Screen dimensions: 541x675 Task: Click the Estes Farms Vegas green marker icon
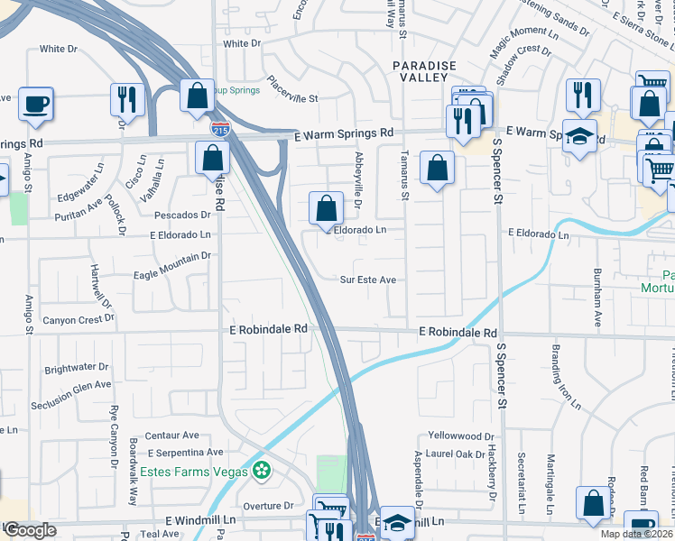pos(262,471)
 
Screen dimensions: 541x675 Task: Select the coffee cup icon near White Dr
pos(36,104)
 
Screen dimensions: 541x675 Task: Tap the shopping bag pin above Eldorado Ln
pos(327,208)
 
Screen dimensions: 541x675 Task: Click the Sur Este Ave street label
pos(368,280)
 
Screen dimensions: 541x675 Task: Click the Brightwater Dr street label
pos(76,368)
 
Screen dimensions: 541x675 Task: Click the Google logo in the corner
pos(30,530)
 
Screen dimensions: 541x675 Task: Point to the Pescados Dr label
pos(181,215)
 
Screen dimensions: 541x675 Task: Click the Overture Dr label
pos(263,506)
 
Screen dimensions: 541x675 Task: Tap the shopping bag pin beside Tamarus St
pos(437,168)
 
